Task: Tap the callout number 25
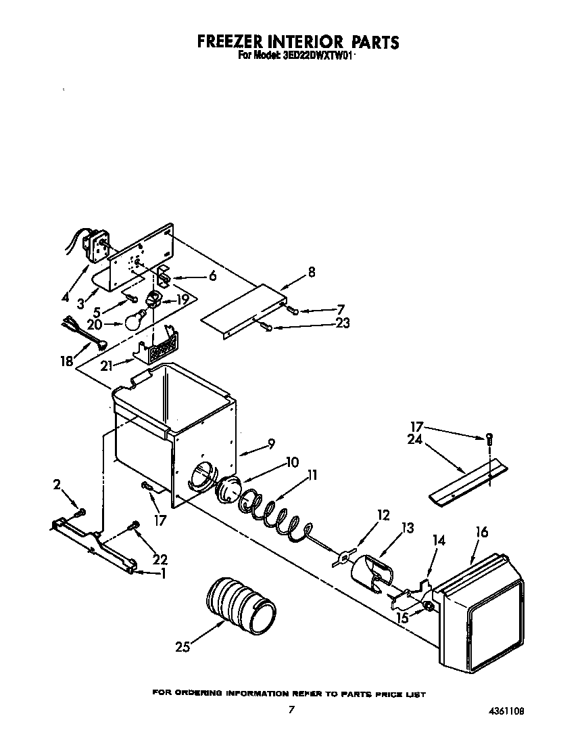pos(181,647)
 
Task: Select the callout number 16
pos(481,533)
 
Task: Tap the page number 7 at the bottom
pos(291,710)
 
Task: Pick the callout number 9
pos(270,445)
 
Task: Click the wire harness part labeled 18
pos(84,334)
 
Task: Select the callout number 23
pos(342,323)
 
